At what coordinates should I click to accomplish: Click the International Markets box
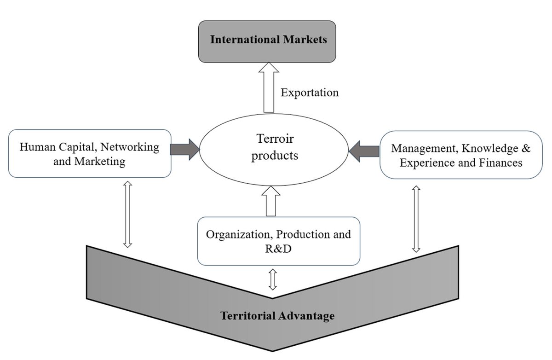268,41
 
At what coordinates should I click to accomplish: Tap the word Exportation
310,93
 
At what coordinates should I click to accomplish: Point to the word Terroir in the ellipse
275,139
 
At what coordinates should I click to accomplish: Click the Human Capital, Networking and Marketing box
90,154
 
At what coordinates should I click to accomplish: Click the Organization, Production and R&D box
278,241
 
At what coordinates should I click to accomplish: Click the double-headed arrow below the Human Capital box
128,215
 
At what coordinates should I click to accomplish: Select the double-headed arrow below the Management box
416,219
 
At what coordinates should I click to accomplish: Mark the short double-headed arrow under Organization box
273,279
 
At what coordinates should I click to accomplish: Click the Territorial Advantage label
277,316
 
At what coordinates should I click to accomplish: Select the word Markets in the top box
304,39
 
